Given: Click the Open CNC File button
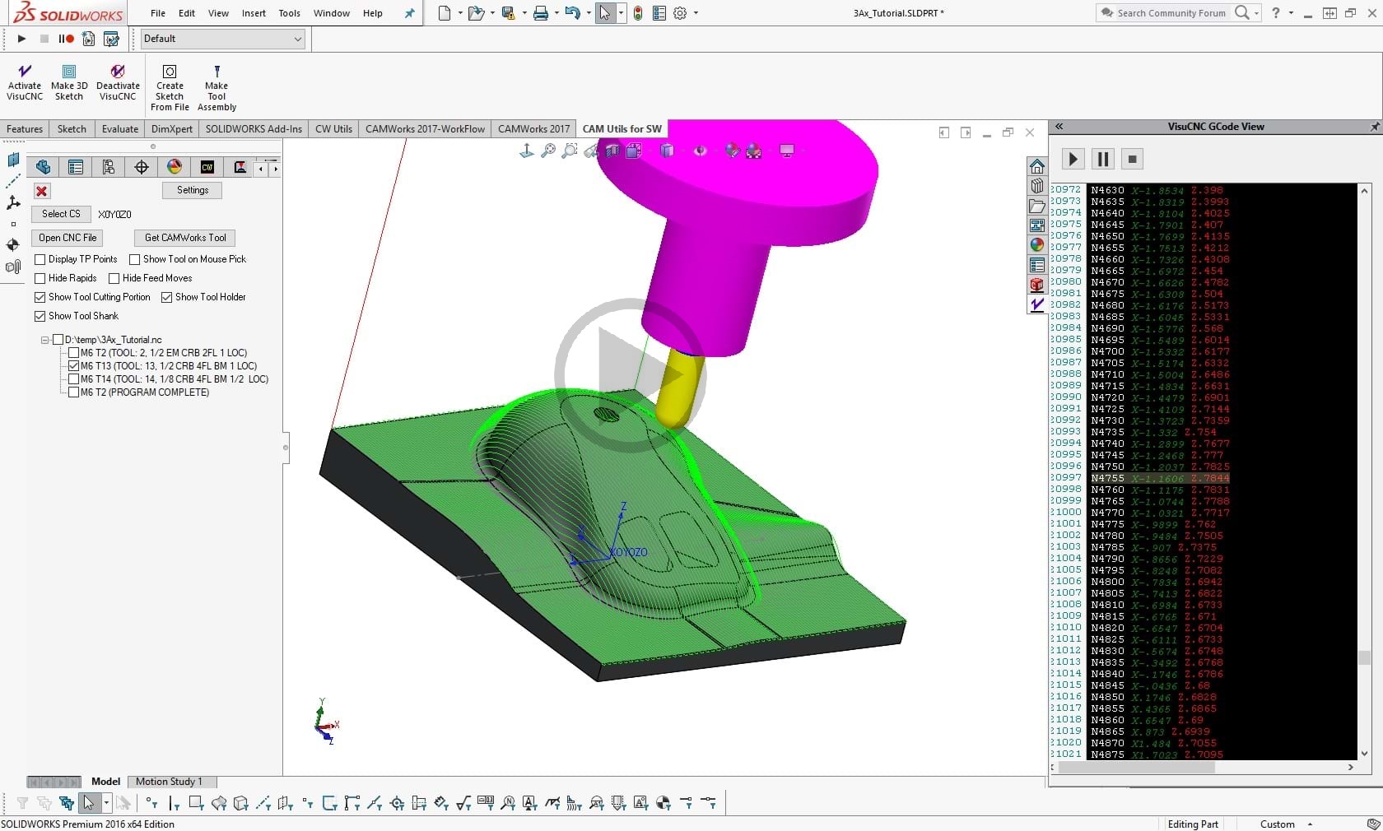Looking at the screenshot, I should pyautogui.click(x=68, y=238).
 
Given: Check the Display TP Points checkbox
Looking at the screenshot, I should pyautogui.click(x=40, y=259).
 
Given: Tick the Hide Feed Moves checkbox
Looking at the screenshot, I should pyautogui.click(x=114, y=278).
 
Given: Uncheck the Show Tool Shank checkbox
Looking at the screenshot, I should pyautogui.click(x=40, y=316).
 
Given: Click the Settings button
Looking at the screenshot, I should pyautogui.click(x=193, y=190).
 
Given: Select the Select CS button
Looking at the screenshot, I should pyautogui.click(x=61, y=214).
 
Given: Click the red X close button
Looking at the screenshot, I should pyautogui.click(x=42, y=191).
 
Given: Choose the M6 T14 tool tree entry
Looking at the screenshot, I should pyautogui.click(x=174, y=379).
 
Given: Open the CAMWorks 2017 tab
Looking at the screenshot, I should pyautogui.click(x=533, y=129).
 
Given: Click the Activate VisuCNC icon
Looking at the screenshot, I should pyautogui.click(x=25, y=82).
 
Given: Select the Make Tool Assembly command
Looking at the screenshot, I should pyautogui.click(x=217, y=88).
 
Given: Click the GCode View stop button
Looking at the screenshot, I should pyautogui.click(x=1133, y=159).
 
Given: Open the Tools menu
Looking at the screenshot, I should pyautogui.click(x=289, y=13).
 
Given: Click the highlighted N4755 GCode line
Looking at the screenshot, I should pyautogui.click(x=1160, y=478).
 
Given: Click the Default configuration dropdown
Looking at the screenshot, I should pyautogui.click(x=222, y=39).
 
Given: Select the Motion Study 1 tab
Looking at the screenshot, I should pyautogui.click(x=168, y=782).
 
